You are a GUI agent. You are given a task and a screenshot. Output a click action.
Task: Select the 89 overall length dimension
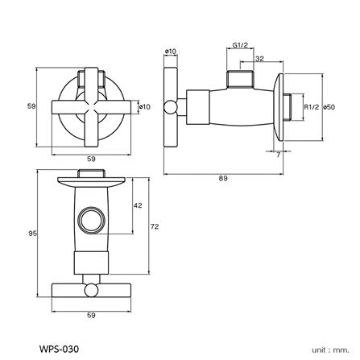[221, 179]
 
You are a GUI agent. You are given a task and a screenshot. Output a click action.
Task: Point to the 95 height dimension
[32, 234]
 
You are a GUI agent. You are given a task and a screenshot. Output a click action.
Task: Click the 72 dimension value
[154, 227]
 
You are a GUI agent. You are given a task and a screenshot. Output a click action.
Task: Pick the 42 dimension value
[137, 206]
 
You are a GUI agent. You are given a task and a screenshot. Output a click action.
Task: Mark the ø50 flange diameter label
[329, 106]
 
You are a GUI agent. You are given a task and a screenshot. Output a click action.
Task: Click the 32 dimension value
[259, 60]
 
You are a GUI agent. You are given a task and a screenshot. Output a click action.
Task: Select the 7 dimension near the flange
[278, 153]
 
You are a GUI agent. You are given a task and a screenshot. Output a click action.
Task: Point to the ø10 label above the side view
[170, 52]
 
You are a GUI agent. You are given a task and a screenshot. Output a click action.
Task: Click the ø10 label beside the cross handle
[145, 106]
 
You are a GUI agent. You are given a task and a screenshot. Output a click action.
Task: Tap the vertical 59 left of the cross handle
[32, 106]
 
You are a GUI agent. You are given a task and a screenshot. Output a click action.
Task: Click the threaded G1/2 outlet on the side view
[239, 79]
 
